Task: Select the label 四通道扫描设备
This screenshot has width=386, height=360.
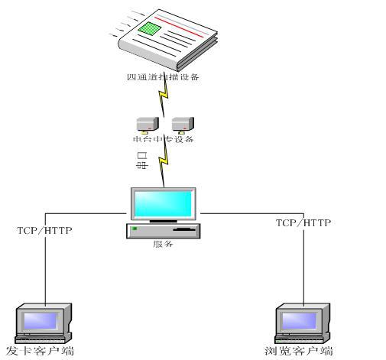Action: tap(162, 77)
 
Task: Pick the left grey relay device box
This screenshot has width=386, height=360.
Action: tap(145, 123)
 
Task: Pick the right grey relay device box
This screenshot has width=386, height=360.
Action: tap(181, 123)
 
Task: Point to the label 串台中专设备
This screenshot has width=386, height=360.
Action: tap(163, 139)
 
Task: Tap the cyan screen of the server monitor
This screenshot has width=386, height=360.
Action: tap(164, 204)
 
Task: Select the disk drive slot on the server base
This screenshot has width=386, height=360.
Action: tap(183, 229)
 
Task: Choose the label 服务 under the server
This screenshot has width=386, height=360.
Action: tap(164, 245)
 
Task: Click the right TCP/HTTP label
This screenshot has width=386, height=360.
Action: tap(303, 222)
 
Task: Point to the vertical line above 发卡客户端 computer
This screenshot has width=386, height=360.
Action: tap(44, 268)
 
